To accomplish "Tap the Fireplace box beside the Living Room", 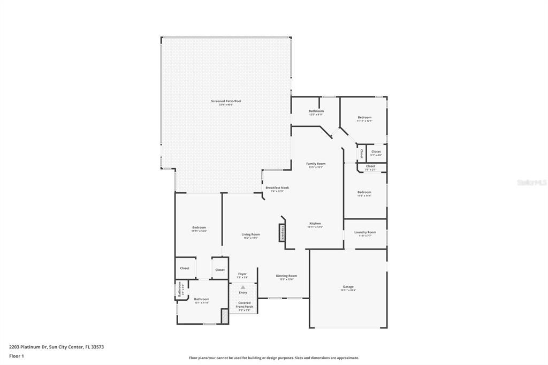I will (x=281, y=233).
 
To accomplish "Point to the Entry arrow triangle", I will (x=243, y=287).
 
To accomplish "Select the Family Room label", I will (x=316, y=164).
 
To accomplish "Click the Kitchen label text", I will (x=315, y=223).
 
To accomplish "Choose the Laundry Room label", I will (x=365, y=232).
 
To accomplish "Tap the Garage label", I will (x=348, y=287).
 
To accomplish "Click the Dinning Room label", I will (x=286, y=276).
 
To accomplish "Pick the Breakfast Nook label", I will (x=277, y=188).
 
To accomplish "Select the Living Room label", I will (x=250, y=234).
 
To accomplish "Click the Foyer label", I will (x=242, y=274).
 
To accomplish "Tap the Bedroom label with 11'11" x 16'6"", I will (x=199, y=227).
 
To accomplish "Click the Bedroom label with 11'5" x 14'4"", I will (x=364, y=192).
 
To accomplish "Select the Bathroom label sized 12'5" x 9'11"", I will (x=316, y=111).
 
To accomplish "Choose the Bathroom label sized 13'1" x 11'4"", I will (x=201, y=299).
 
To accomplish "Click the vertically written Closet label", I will (x=361, y=154).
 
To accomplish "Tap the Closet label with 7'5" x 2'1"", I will (x=370, y=166).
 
